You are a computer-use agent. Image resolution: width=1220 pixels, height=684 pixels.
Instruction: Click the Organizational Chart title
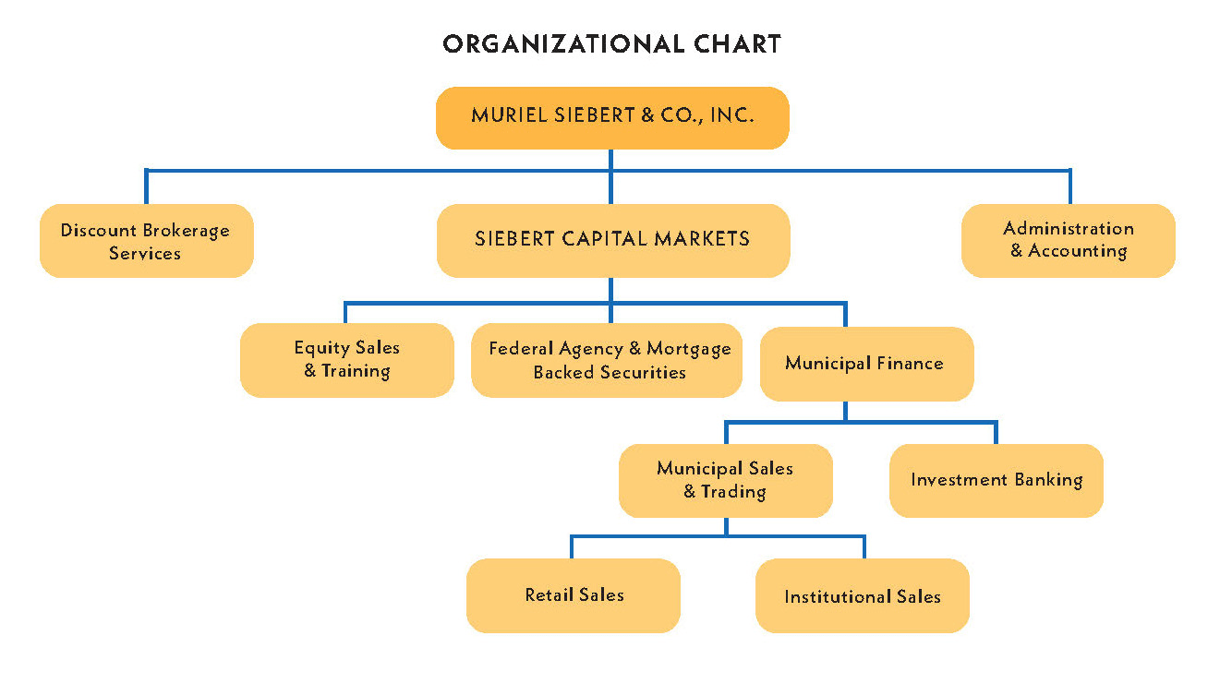(611, 43)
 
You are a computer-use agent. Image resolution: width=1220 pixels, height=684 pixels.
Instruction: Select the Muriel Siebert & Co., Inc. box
(612, 117)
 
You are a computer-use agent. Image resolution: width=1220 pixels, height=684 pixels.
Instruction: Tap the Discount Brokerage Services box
(146, 241)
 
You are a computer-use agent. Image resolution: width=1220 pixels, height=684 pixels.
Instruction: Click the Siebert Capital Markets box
(612, 240)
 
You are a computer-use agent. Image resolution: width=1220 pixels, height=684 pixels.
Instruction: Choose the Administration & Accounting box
(1068, 240)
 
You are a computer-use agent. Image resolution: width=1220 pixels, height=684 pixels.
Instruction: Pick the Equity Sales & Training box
(346, 359)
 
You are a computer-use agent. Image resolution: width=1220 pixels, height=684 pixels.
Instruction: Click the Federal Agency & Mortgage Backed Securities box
(607, 360)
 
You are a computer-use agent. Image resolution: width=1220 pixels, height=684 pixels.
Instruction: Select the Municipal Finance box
(865, 363)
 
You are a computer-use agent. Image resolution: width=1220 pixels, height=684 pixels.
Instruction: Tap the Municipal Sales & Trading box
(725, 480)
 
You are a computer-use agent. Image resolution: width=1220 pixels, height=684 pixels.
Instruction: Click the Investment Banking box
(996, 480)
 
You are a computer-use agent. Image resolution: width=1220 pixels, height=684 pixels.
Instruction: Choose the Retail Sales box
(574, 595)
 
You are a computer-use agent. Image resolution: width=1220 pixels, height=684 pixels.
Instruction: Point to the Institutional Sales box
(862, 596)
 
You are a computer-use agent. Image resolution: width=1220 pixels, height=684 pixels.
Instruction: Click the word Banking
(1046, 480)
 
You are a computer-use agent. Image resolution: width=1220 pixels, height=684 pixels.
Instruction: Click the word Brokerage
(187, 230)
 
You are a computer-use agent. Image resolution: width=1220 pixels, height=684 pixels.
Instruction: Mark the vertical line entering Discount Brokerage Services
(145, 187)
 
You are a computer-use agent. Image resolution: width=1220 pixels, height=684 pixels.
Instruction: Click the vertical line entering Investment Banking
(996, 433)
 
